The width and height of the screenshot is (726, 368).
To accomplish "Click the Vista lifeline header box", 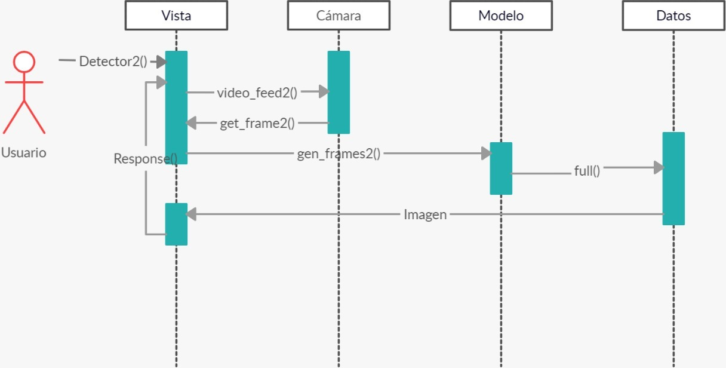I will click(x=176, y=16).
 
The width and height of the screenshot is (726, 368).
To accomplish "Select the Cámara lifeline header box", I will click(x=339, y=16).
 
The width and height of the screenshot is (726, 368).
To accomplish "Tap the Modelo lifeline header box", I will click(x=501, y=16).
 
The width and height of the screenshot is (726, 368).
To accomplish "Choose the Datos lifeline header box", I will click(x=673, y=16).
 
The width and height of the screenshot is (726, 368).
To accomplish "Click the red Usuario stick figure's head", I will click(x=24, y=62).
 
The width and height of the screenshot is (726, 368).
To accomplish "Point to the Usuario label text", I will click(x=23, y=152).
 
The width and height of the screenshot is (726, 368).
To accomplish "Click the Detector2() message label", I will click(x=113, y=61).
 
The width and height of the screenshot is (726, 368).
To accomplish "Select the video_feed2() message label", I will click(x=257, y=92).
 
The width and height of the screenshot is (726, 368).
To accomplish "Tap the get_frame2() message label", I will click(x=257, y=124).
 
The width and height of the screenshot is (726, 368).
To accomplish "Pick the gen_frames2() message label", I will click(x=339, y=154).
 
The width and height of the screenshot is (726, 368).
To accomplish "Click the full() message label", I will click(x=587, y=171).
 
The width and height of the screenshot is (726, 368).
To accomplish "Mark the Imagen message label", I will click(x=425, y=214).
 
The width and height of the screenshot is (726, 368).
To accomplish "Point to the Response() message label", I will click(x=145, y=159).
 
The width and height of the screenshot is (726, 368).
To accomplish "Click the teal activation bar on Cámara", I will click(x=339, y=92).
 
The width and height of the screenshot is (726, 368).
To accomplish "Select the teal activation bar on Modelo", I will click(x=501, y=168).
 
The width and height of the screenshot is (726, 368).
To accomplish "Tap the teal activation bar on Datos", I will click(x=673, y=179).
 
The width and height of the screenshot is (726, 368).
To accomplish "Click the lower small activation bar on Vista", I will click(x=176, y=224).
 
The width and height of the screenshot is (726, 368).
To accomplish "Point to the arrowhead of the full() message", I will click(x=659, y=168).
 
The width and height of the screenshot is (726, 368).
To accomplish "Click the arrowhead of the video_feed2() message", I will click(x=324, y=91).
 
